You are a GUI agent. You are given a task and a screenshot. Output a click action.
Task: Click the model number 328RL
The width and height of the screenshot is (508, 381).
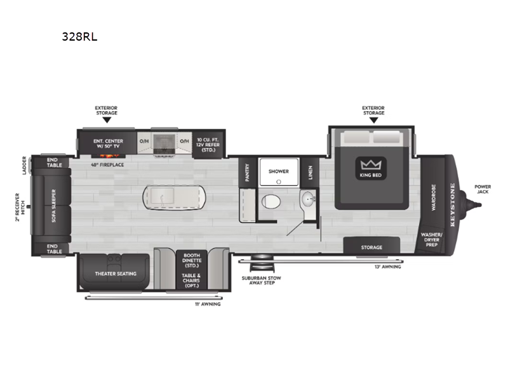tap(79, 37)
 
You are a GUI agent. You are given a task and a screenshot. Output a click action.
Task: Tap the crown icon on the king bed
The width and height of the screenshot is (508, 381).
tap(371, 165)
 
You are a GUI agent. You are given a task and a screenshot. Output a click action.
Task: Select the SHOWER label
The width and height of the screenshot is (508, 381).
tap(278, 171)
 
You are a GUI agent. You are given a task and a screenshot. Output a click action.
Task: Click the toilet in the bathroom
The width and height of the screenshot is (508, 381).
tap(271, 201)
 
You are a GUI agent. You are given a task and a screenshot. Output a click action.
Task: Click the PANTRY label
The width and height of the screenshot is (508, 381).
tap(247, 172)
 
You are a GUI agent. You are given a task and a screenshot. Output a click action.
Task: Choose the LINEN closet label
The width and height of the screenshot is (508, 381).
tap(311, 172)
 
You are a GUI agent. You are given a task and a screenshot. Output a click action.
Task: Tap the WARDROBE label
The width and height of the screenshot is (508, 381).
tap(434, 197)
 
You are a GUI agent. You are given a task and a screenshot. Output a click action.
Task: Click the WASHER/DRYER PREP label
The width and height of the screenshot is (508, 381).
tap(431, 239)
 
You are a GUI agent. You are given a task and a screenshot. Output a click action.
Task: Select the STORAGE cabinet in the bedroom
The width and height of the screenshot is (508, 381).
tap(371, 246)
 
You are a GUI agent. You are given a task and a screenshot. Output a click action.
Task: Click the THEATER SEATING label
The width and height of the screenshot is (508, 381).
tap(116, 274)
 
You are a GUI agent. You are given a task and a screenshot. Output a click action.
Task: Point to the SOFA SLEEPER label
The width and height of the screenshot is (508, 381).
tap(54, 206)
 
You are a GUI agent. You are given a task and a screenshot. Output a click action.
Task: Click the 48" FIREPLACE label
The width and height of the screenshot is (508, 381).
tap(107, 165)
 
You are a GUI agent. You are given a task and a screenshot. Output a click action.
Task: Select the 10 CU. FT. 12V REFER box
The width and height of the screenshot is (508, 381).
tap(208, 144)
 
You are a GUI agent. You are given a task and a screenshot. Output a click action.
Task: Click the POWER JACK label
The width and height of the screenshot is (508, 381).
tap(483, 189)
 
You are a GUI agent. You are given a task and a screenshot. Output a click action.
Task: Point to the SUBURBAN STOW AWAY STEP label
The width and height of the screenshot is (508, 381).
tap(262, 280)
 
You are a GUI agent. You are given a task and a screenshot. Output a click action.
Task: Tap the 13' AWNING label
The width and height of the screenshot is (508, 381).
tap(388, 267)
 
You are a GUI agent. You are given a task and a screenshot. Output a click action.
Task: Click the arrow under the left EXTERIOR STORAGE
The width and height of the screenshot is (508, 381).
tap(107, 120)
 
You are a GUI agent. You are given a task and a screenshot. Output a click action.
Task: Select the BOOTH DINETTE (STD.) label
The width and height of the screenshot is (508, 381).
tap(192, 260)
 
